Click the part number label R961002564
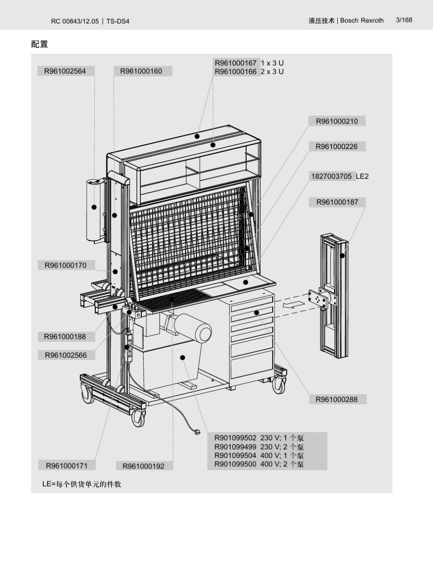[65, 71]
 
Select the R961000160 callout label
[141, 71]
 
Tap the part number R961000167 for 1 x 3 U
[236, 63]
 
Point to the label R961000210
[337, 121]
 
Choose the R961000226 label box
[337, 147]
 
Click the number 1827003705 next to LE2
[331, 176]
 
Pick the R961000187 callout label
[337, 202]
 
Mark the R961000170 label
[66, 265]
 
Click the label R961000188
[65, 337]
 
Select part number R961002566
[66, 355]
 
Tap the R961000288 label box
[337, 400]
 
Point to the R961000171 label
[67, 465]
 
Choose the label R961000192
[144, 466]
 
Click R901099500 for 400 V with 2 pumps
[235, 464]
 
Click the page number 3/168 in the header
[404, 20]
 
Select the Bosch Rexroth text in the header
[362, 21]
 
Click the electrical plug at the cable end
[197, 432]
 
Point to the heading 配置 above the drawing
[40, 44]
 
